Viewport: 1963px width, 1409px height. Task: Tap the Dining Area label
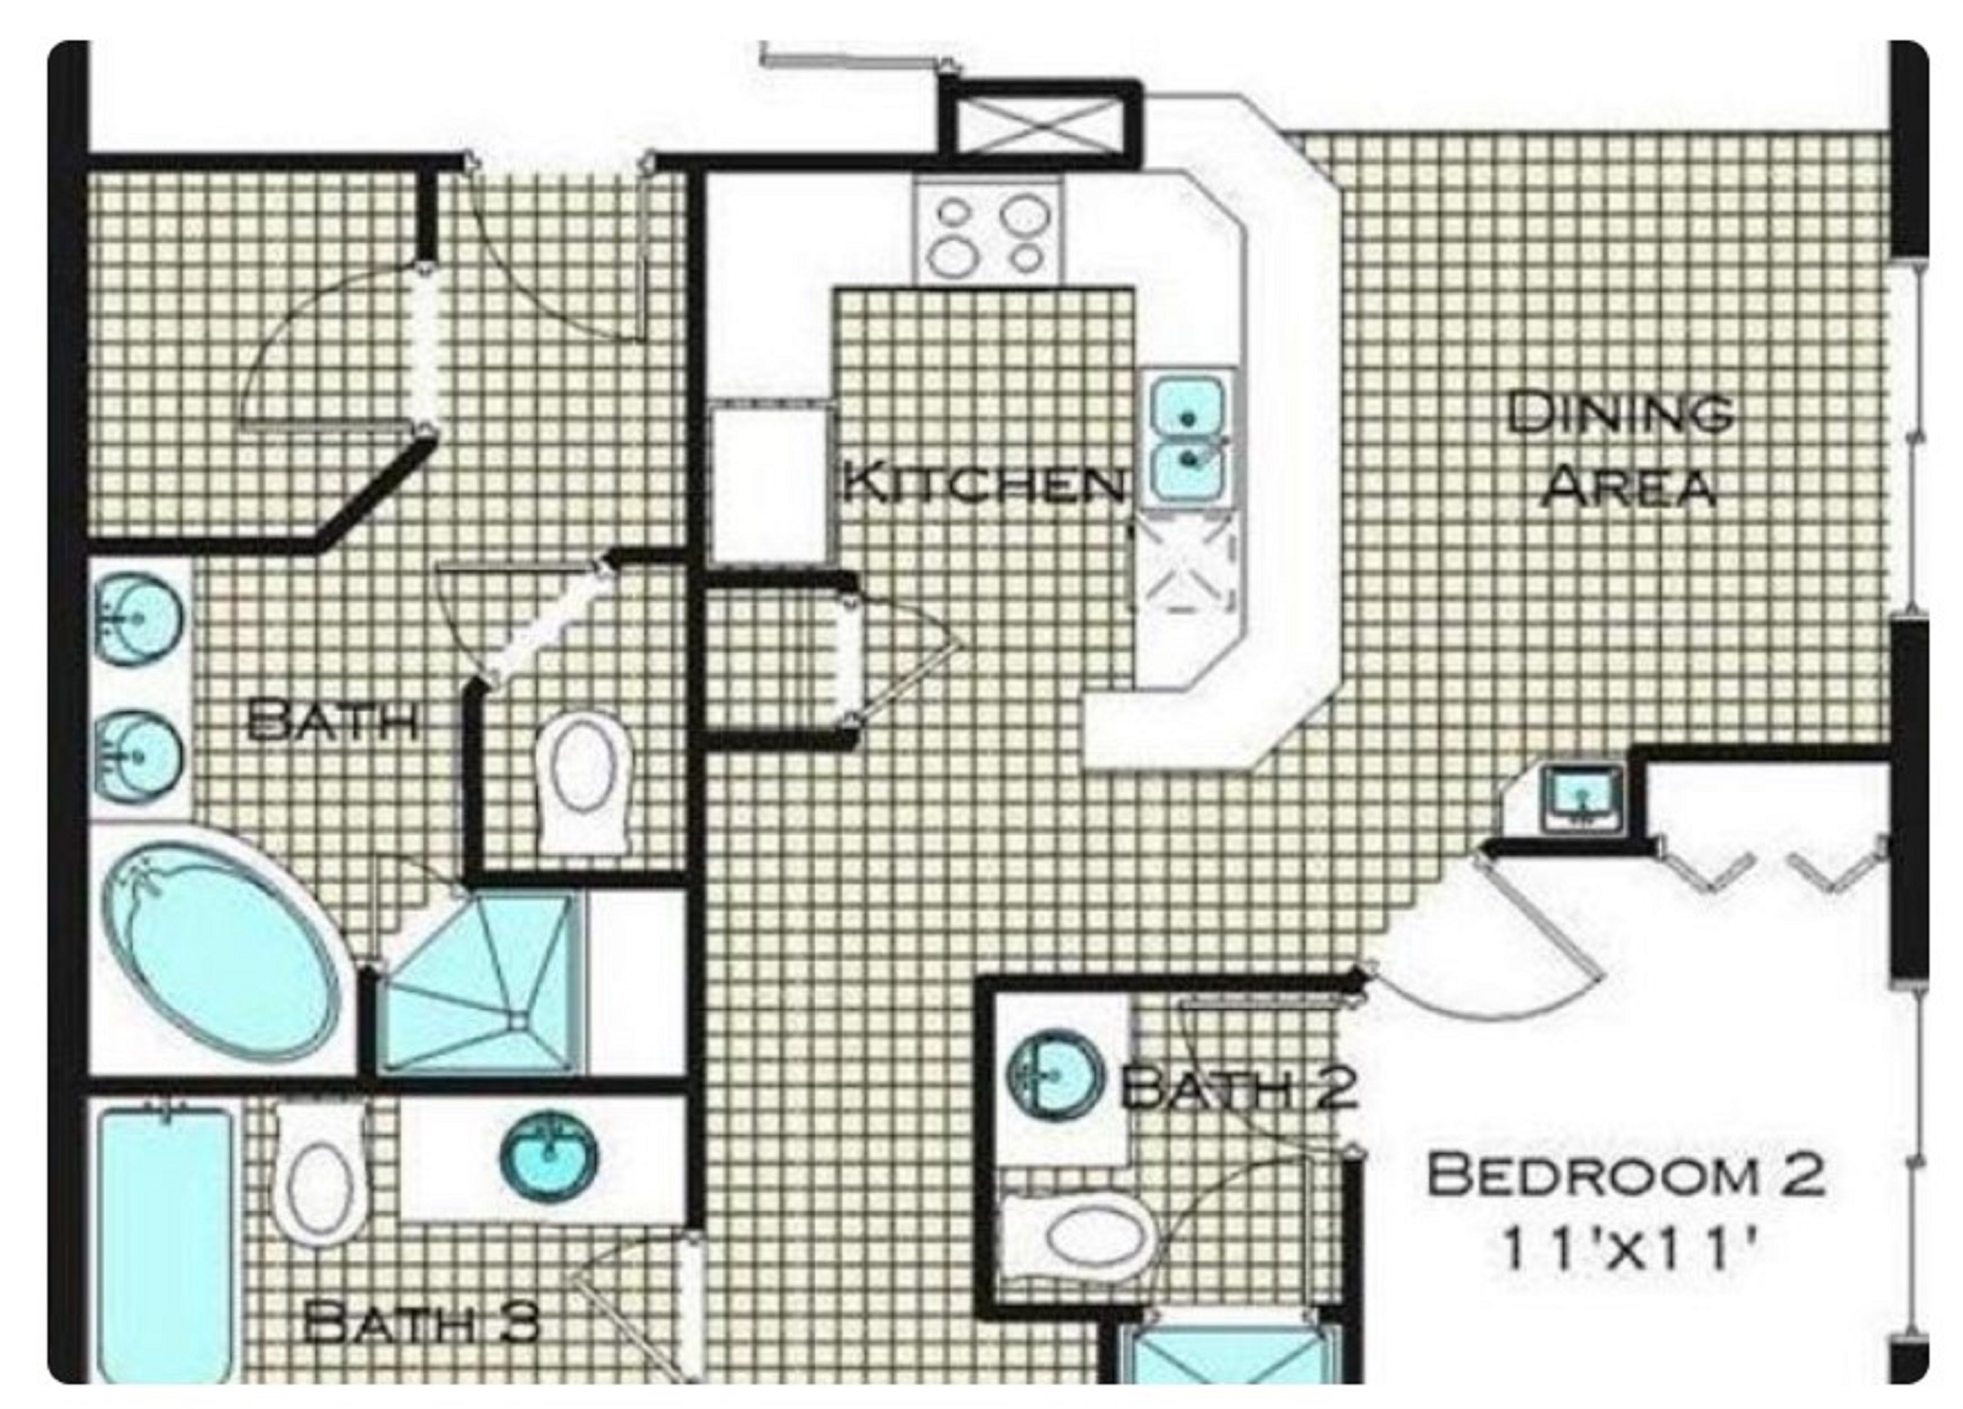[x=1619, y=449]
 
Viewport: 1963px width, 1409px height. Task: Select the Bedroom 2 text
[x=1624, y=1176]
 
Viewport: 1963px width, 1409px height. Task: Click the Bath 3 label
[x=422, y=1323]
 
